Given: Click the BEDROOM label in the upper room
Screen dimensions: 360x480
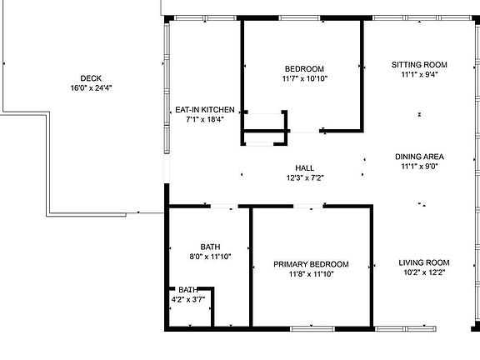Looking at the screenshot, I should point(304,69).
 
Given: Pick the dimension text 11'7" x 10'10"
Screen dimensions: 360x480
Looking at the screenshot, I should point(304,78).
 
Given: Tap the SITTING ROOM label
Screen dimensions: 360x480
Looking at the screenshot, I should point(420,64).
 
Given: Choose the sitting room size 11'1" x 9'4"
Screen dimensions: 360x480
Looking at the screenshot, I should point(420,74).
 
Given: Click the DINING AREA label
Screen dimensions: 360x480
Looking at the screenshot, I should point(420,157).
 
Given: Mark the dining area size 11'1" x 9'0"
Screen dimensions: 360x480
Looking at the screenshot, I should point(420,167).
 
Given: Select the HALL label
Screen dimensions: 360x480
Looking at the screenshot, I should point(304,168).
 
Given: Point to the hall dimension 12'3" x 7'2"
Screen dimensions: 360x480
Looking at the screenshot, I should point(304,177).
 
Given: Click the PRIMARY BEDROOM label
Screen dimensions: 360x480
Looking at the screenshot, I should point(312,264).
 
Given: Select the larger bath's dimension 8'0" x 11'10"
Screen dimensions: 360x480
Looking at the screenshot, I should point(210,257).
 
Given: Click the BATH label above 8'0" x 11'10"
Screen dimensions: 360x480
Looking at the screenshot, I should point(210,247).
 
